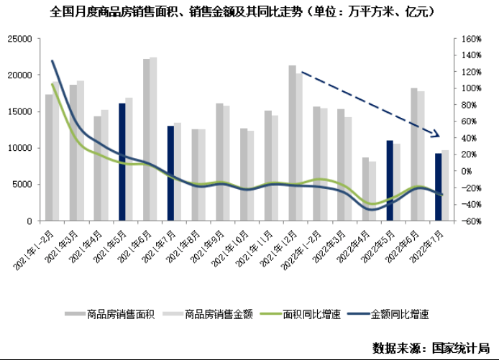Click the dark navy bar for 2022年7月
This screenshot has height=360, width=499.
pyautogui.click(x=438, y=188)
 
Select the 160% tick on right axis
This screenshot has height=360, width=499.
pyautogui.click(x=470, y=39)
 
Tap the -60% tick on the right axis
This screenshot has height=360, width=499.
pyautogui.click(x=470, y=221)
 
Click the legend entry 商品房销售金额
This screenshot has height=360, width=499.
pyautogui.click(x=208, y=313)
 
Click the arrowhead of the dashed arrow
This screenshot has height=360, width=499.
pyautogui.click(x=436, y=134)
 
